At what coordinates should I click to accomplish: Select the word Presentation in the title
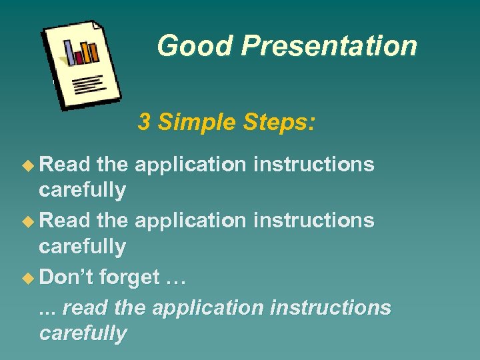coord(329,46)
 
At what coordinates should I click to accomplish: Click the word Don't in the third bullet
coord(65,277)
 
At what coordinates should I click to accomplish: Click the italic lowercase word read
coord(86,308)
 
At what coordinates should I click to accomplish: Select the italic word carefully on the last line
coord(83,333)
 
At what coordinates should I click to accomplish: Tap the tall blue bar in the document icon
coord(69,53)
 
